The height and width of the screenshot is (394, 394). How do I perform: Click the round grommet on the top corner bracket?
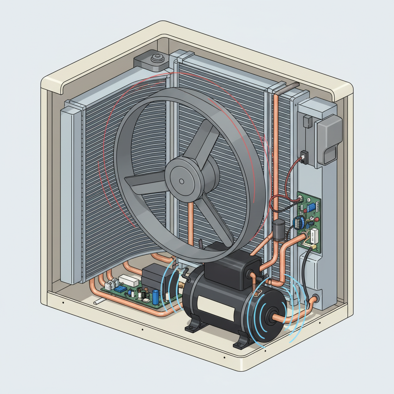click(x=157, y=59)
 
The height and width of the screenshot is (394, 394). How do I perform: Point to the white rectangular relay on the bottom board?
click(x=128, y=280)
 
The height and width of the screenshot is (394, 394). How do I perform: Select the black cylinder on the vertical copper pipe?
click(x=277, y=230)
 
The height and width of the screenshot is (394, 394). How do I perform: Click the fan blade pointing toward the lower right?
click(x=215, y=219)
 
